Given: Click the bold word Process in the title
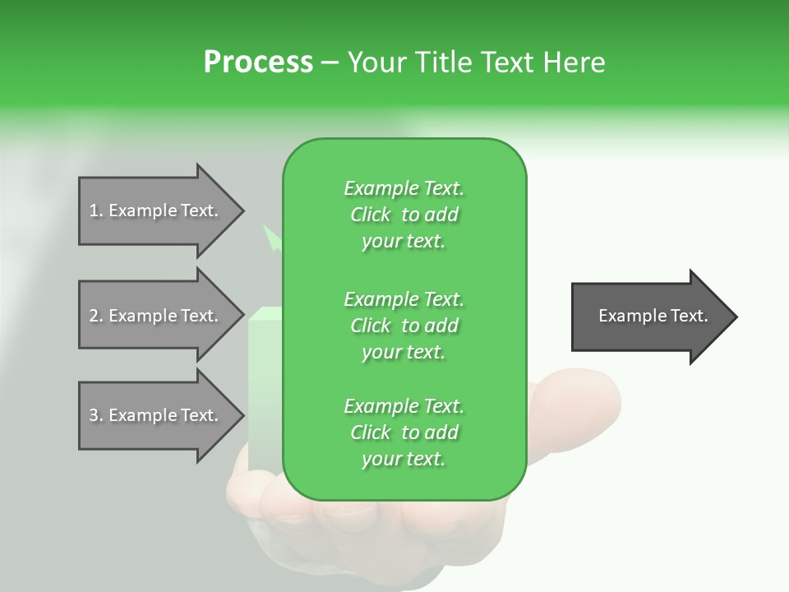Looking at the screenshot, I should (258, 62).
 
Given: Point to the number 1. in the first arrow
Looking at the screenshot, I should (96, 210).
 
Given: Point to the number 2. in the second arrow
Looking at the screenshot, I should (96, 316).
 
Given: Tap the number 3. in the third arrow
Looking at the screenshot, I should (96, 415).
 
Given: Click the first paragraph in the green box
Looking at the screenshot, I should (404, 215).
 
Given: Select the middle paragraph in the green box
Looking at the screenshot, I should (404, 325).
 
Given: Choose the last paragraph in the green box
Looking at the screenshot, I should (404, 432).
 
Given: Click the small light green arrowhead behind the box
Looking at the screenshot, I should (271, 238).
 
